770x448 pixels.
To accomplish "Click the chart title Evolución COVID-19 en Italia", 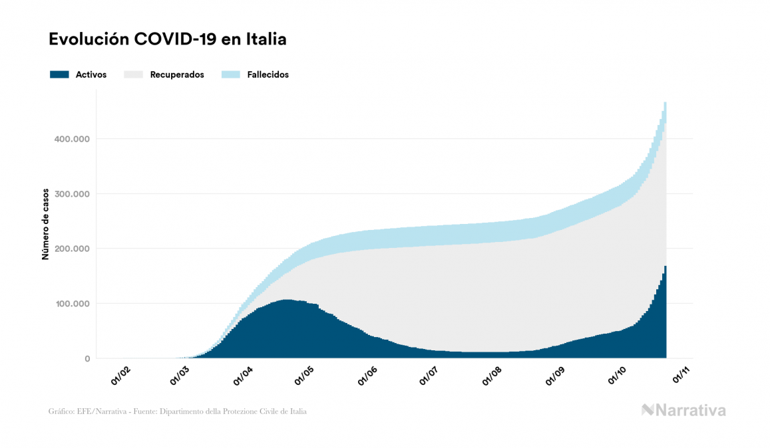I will pyautogui.click(x=168, y=39).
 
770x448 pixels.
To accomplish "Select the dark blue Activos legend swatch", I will pyautogui.click(x=59, y=74).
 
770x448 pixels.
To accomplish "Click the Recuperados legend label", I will pyautogui.click(x=177, y=74).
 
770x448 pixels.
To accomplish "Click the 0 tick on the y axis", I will pyautogui.click(x=87, y=359).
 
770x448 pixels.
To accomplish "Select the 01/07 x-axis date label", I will pyautogui.click(x=429, y=376).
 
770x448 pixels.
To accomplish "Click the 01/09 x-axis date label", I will pyautogui.click(x=554, y=376).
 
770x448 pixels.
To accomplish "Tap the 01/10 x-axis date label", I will pyautogui.click(x=616, y=376).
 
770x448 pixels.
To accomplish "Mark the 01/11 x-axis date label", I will pyautogui.click(x=679, y=376).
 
